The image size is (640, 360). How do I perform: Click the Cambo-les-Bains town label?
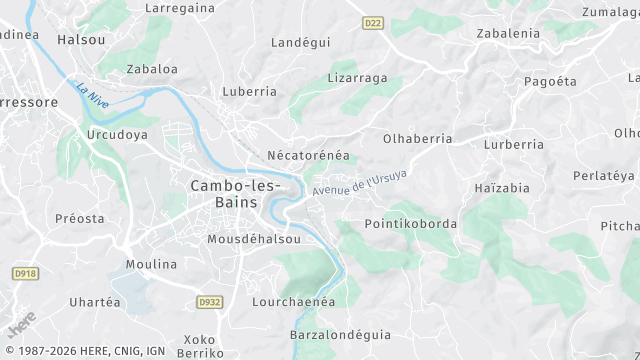click(x=235, y=194)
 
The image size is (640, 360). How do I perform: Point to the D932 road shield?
click(x=210, y=300)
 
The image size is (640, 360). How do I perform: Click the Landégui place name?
click(x=301, y=42)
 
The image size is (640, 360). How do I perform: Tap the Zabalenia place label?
click(x=508, y=33)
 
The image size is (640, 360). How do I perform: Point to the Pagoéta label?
click(x=550, y=80)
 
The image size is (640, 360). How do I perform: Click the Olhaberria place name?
click(x=417, y=139)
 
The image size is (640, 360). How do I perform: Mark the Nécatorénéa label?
click(x=308, y=156)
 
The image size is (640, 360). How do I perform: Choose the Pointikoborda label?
click(x=411, y=223)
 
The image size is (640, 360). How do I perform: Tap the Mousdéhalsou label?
click(x=253, y=240)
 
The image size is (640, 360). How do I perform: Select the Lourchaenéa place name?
click(x=292, y=300)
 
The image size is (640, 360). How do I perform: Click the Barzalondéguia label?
click(x=340, y=334)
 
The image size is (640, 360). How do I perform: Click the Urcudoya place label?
click(x=117, y=134)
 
